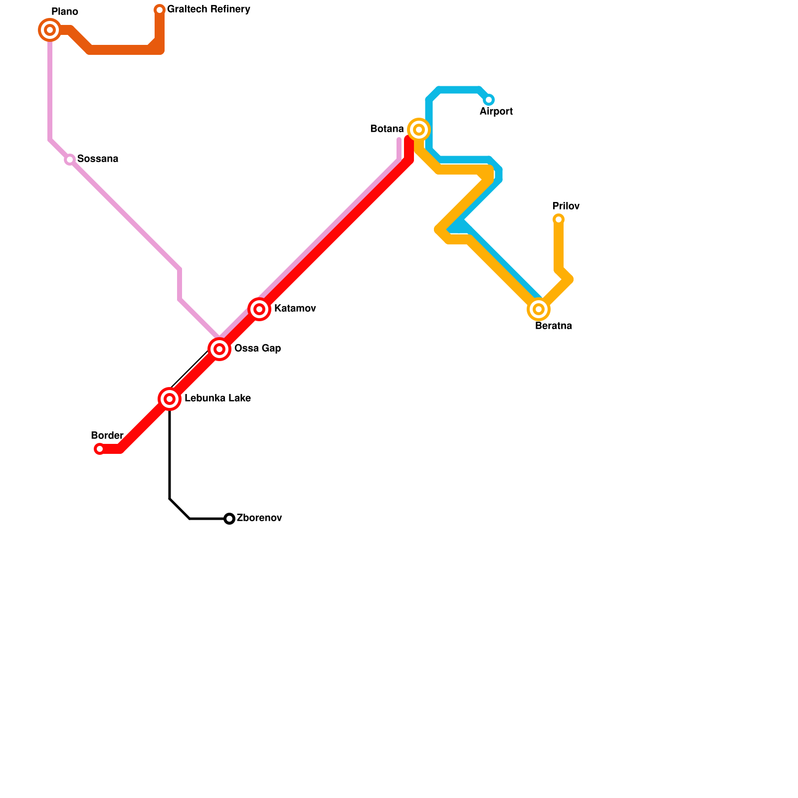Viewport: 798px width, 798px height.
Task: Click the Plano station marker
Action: click(50, 30)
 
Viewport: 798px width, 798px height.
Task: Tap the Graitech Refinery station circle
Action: click(160, 10)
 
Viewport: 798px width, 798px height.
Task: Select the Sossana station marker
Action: click(70, 160)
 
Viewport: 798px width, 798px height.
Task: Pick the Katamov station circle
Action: click(259, 309)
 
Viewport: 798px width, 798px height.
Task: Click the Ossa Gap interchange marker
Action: click(219, 349)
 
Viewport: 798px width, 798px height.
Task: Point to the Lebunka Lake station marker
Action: click(170, 399)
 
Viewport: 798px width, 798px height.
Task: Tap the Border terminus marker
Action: click(100, 449)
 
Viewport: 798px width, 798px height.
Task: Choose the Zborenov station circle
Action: click(229, 519)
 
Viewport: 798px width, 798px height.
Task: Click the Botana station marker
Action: click(419, 130)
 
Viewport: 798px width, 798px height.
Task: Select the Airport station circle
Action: click(489, 100)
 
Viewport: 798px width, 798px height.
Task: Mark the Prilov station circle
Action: click(559, 219)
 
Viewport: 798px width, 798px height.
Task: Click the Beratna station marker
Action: click(539, 309)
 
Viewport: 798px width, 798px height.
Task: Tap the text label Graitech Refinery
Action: click(208, 9)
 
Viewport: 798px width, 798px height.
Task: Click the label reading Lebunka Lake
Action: click(217, 399)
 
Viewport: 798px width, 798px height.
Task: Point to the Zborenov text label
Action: click(259, 518)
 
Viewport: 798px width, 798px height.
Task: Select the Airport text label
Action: click(496, 112)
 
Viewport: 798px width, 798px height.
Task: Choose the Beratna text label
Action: click(553, 326)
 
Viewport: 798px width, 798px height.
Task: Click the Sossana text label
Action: click(98, 159)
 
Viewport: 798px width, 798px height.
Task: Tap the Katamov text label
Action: click(295, 309)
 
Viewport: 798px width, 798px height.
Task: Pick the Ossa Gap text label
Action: click(257, 349)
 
